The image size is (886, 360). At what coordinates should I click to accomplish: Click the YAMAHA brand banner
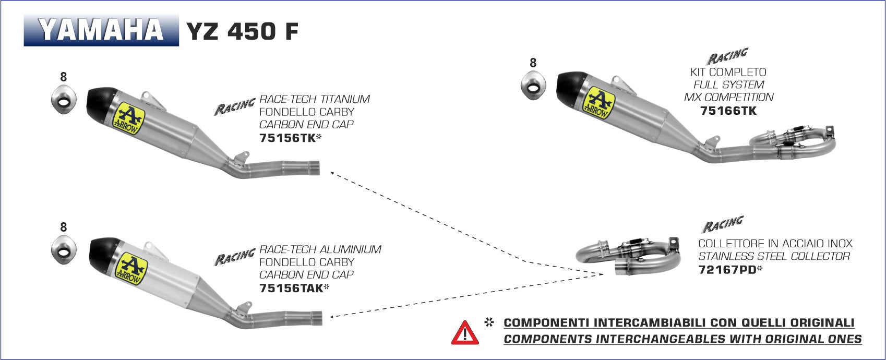pyautogui.click(x=101, y=30)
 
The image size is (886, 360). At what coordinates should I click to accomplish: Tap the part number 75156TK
pyautogui.click(x=288, y=138)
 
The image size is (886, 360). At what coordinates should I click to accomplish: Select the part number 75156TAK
pyautogui.click(x=291, y=288)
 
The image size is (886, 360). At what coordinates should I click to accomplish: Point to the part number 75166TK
pyautogui.click(x=728, y=111)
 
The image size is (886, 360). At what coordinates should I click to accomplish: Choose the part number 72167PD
pyautogui.click(x=727, y=270)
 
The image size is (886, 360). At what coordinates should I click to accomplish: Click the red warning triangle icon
pyautogui.click(x=464, y=332)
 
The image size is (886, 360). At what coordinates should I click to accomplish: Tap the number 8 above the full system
pyautogui.click(x=533, y=63)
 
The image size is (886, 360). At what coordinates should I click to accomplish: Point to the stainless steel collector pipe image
pyautogui.click(x=629, y=256)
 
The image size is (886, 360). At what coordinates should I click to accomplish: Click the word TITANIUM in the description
pyautogui.click(x=345, y=99)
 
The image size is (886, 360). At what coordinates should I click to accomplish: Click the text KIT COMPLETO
pyautogui.click(x=728, y=72)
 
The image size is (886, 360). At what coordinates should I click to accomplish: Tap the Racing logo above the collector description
pyautogui.click(x=722, y=225)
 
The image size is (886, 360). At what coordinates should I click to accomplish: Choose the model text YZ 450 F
pyautogui.click(x=242, y=31)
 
